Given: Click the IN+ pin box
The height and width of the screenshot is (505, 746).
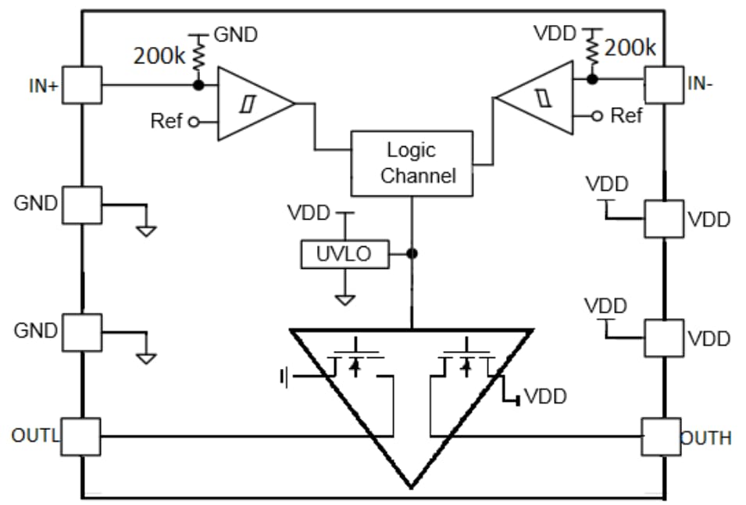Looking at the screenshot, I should [x=82, y=84].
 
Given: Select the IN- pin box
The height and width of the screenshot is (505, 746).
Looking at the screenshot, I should [x=662, y=85].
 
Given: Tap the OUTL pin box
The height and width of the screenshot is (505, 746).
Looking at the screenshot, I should [x=81, y=436].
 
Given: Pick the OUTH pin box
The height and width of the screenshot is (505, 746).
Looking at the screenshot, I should [x=662, y=437].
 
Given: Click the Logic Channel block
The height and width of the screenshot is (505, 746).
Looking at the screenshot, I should [x=412, y=163].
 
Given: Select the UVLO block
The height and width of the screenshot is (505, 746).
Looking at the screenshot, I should [x=344, y=254].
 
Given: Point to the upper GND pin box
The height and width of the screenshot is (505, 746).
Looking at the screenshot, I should [x=82, y=205].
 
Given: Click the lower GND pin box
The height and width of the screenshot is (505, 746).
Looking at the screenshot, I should [x=82, y=332].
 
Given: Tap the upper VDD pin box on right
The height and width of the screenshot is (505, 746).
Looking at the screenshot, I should [x=663, y=219].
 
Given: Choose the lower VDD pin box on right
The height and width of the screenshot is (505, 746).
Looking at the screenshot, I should [x=663, y=338].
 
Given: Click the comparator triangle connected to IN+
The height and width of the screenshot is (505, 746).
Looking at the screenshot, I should [x=250, y=104].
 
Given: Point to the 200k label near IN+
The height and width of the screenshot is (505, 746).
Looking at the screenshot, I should [x=159, y=56].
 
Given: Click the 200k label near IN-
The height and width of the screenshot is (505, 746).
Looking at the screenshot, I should [x=630, y=48].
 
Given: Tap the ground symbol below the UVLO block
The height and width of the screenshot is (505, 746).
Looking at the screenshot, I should [x=344, y=299].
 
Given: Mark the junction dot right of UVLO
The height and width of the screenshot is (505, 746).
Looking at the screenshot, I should [x=412, y=253].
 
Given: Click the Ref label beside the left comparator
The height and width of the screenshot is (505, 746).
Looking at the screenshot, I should [x=166, y=121].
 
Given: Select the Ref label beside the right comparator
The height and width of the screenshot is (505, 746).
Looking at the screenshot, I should [x=626, y=116].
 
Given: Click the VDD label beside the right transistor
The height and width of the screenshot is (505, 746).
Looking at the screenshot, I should [x=544, y=396].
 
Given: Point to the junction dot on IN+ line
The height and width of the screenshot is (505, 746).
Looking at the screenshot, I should [x=198, y=84].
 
